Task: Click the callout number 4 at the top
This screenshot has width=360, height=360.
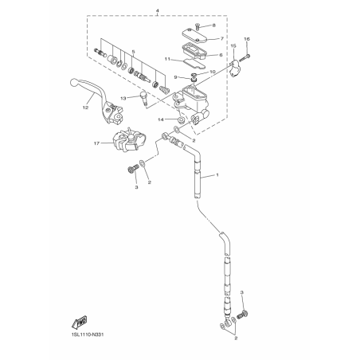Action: click(x=158, y=11)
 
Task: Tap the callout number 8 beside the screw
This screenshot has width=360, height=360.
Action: click(x=214, y=25)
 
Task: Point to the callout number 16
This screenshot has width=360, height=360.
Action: click(x=247, y=39)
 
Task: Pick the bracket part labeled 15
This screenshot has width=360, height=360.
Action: click(x=234, y=68)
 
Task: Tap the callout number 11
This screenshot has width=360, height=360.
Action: click(x=167, y=59)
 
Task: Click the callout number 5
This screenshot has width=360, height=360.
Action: click(x=134, y=52)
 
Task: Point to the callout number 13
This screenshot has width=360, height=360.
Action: click(x=123, y=99)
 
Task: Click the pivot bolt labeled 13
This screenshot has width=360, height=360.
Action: click(x=143, y=98)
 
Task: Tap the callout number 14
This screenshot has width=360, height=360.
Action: click(x=161, y=119)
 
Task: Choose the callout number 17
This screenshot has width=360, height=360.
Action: click(x=96, y=143)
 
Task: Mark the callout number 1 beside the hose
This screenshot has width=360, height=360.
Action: click(x=217, y=175)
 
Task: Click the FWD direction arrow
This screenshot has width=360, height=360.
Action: click(x=80, y=322)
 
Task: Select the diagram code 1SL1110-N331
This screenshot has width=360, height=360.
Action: click(x=88, y=335)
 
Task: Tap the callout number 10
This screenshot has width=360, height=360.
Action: click(x=213, y=72)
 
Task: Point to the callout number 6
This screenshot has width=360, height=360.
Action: click(x=221, y=55)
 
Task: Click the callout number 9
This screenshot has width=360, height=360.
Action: click(x=175, y=77)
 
